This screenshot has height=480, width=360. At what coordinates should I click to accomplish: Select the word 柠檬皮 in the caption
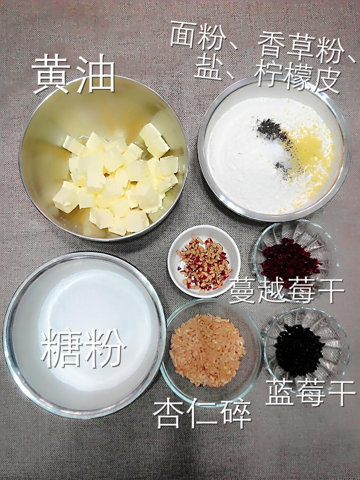pyautogui.click(x=298, y=77)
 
